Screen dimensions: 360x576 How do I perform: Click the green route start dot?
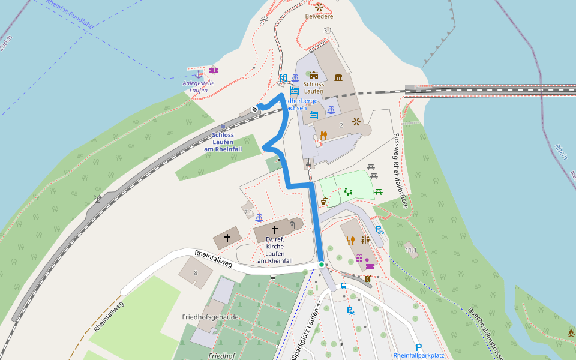click(322, 264)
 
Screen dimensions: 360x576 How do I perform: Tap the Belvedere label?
click(319, 16)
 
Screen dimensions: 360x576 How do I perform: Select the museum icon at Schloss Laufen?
click(338, 77)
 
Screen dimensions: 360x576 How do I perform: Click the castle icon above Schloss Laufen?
click(313, 75)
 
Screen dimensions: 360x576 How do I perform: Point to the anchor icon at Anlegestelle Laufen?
click(199, 73)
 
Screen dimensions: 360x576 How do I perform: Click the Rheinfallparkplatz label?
click(419, 355)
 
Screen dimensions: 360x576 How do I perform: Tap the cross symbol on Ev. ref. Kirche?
click(275, 229)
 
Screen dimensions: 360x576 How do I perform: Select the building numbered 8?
click(195, 273)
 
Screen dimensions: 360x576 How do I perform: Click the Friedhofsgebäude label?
click(211, 316)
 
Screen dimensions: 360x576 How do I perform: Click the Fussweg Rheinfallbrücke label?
click(400, 171)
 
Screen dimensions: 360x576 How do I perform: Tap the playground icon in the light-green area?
click(348, 192)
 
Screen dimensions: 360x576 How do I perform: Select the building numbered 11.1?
click(411, 250)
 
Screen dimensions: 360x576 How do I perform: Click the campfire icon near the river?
click(571, 332)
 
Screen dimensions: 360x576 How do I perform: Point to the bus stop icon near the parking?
click(344, 286)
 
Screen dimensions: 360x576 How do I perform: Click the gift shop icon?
click(359, 259)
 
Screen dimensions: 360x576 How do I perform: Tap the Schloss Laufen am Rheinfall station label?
click(223, 142)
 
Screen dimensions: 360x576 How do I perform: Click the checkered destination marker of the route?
click(255, 109)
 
